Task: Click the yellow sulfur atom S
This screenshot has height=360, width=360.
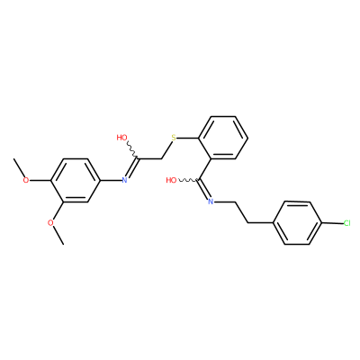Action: pos(174,138)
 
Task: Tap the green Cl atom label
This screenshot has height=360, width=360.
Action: pos(346,223)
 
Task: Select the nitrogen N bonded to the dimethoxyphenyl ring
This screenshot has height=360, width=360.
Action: pos(125,180)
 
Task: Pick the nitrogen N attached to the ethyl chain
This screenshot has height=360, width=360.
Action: pos(211,202)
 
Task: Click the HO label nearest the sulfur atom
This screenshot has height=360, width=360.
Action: pos(121,138)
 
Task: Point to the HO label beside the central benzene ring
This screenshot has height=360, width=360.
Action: pos(171,180)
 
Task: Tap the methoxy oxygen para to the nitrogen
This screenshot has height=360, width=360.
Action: pos(26,180)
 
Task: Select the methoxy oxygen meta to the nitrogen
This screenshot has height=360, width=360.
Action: pos(51,222)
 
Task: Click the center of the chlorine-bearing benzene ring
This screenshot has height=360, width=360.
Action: pos(297,223)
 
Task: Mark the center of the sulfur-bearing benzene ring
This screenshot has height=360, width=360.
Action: pos(223,138)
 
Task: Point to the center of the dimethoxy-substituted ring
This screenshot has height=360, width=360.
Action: pos(75,180)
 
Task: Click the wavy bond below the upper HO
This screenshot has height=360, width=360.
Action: pos(131,149)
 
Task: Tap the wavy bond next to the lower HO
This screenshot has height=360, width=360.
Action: pos(187,180)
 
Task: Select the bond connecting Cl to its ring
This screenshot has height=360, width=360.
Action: pos(332,223)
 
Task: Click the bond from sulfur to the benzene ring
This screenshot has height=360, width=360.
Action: pos(187,138)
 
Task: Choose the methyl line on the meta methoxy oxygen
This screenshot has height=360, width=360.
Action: pos(58,235)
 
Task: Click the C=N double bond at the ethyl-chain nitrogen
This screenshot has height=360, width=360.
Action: pos(203,190)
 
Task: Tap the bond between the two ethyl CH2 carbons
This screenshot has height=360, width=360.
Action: pos(241,212)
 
